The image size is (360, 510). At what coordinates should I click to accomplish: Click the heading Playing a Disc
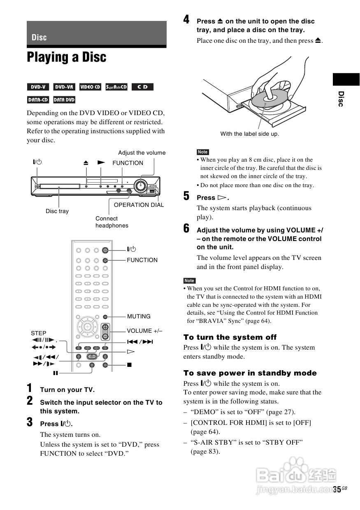coord(67,58)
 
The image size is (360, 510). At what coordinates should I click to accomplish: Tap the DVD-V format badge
coord(38,87)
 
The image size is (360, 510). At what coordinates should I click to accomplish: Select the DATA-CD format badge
coord(38,100)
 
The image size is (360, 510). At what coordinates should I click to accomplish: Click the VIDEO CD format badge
coord(90,87)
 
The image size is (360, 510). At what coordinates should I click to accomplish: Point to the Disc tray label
coord(57,211)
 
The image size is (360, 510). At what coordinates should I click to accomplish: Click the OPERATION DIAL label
coord(139,205)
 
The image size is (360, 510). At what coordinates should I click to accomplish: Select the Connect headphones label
coord(111,222)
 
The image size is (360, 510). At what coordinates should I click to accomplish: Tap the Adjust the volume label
coord(142,153)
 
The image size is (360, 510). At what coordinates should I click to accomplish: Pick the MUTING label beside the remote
coord(139,316)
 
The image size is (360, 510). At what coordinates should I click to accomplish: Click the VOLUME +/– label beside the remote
coord(144,331)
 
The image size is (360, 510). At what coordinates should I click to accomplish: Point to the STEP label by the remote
coord(39,333)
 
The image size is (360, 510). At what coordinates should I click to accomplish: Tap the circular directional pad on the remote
coord(87,327)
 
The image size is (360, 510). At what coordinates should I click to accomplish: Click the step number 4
coord(186,19)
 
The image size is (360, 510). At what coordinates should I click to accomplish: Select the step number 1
coord(30,388)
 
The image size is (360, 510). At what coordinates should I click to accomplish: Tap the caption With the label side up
coord(249,134)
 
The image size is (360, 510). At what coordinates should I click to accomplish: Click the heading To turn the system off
coord(230,337)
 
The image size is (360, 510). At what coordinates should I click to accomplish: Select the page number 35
coord(337,489)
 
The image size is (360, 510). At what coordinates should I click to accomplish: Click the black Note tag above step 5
coord(202,152)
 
